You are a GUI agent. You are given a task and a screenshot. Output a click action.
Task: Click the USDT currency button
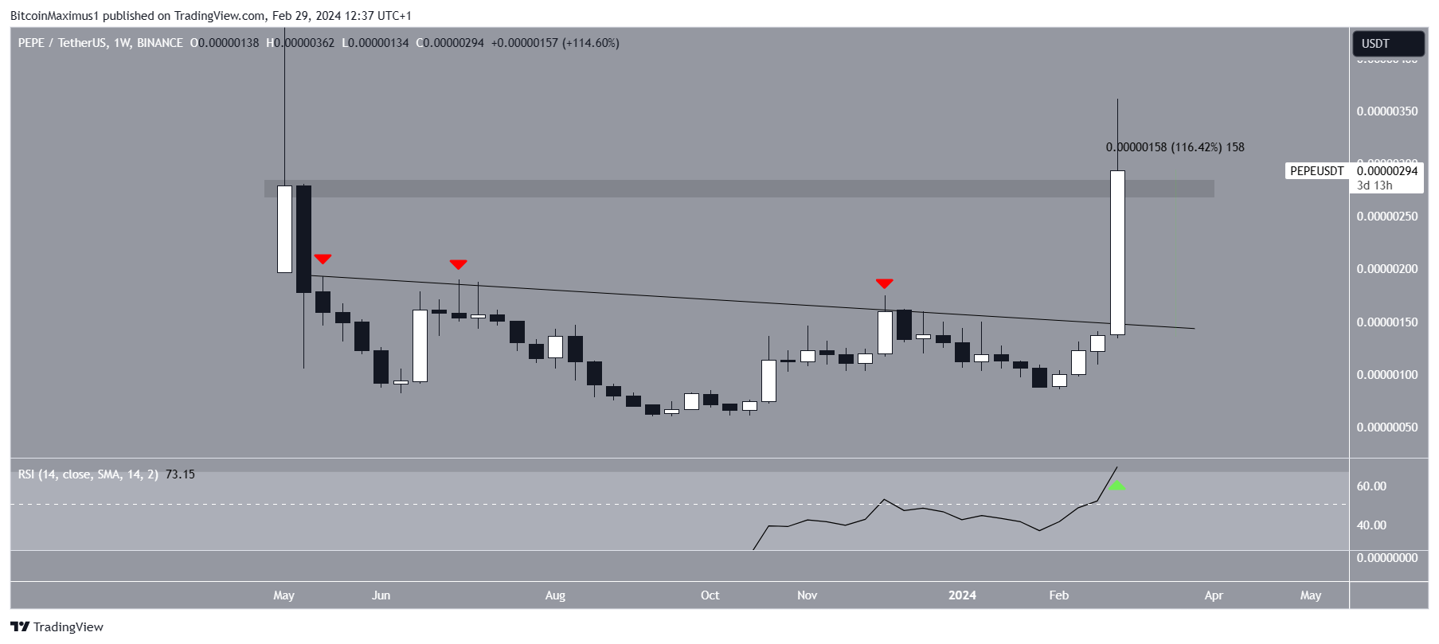pos(1387,44)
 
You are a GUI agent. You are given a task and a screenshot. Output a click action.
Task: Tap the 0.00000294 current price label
pos(1387,171)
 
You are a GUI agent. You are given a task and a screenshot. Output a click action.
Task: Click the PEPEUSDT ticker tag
pos(1316,171)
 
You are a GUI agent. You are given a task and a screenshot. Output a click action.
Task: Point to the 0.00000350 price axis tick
pos(1386,111)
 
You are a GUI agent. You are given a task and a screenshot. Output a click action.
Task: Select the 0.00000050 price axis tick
pos(1386,427)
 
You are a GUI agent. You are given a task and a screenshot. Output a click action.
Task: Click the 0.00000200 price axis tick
pos(1386,269)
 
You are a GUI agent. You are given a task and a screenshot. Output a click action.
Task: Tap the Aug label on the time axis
pos(555,595)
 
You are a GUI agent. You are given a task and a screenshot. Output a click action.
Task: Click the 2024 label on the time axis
pos(962,595)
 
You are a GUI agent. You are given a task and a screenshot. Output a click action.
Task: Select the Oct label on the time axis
pos(710,595)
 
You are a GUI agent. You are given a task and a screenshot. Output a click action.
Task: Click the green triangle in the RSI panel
pos(1117,485)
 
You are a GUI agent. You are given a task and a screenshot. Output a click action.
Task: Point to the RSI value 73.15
pos(180,474)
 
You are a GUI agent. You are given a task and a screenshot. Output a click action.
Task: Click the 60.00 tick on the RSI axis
pos(1371,486)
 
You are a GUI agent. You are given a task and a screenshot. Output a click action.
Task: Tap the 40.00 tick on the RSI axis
pos(1371,525)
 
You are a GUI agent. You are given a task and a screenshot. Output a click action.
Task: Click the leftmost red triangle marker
pos(323,259)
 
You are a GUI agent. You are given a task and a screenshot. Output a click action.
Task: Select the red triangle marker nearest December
pos(884,283)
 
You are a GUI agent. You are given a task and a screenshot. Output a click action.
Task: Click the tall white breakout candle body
pos(1117,252)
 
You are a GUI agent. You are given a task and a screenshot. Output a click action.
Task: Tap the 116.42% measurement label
pos(1196,147)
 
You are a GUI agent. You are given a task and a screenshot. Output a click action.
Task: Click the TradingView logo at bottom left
pos(57,627)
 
